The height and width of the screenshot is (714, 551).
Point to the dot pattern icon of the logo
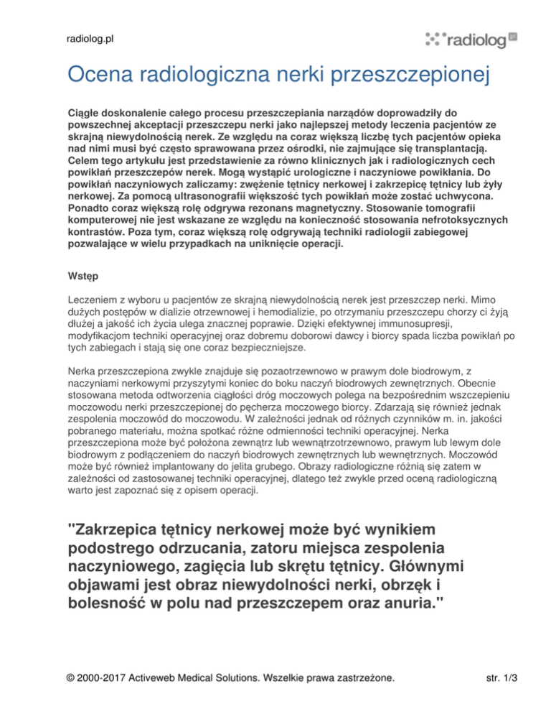(x=435, y=39)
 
